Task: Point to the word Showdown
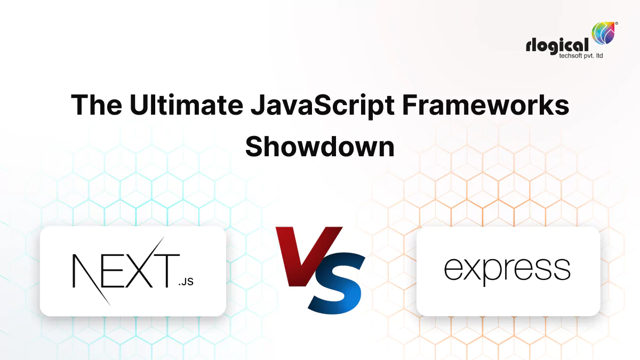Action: point(319,146)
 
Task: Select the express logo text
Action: point(507,269)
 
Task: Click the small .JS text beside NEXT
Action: point(186,281)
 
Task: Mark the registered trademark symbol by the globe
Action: point(617,23)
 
